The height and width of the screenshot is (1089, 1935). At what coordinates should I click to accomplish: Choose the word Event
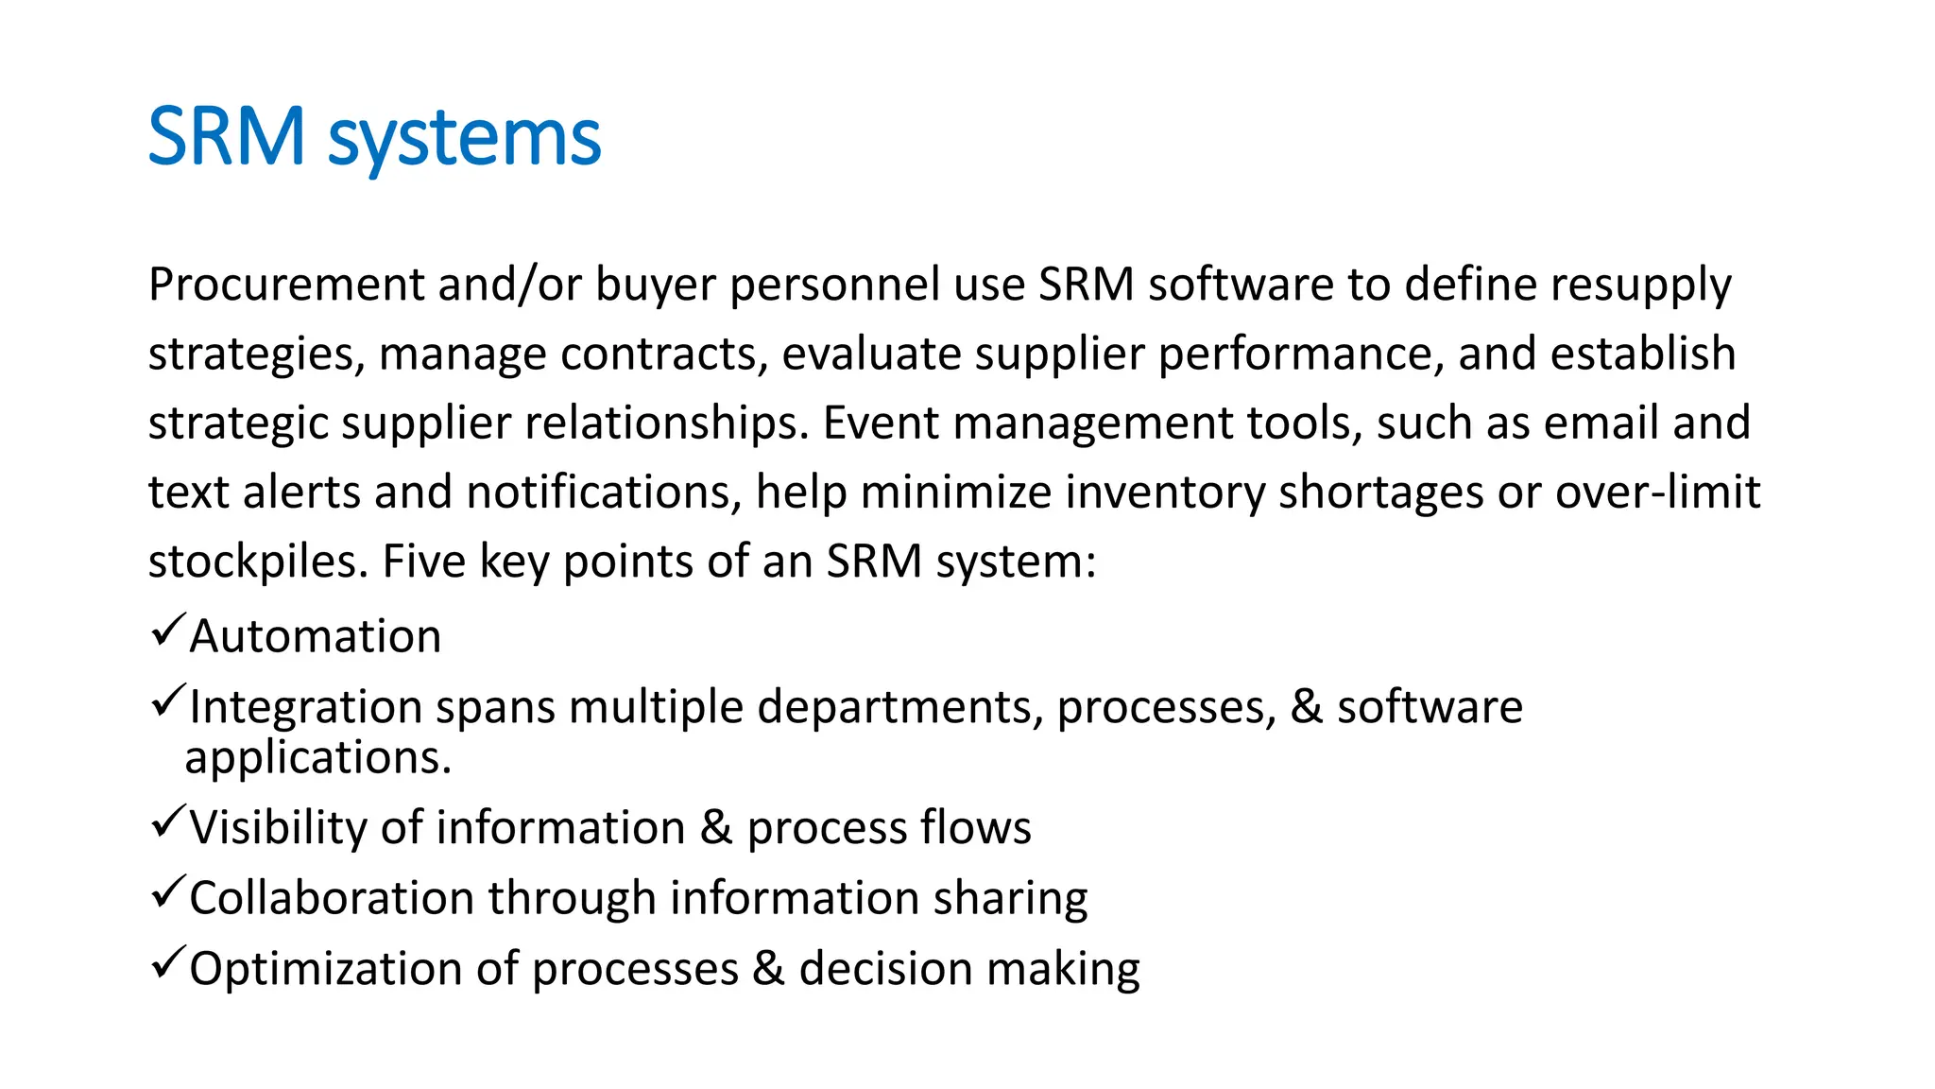coord(881,423)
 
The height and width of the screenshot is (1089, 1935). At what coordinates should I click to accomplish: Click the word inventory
coord(1164,493)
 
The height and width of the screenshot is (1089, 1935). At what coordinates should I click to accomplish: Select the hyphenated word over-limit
coord(1657,493)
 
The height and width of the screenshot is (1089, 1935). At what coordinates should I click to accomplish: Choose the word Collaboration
coord(331,898)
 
